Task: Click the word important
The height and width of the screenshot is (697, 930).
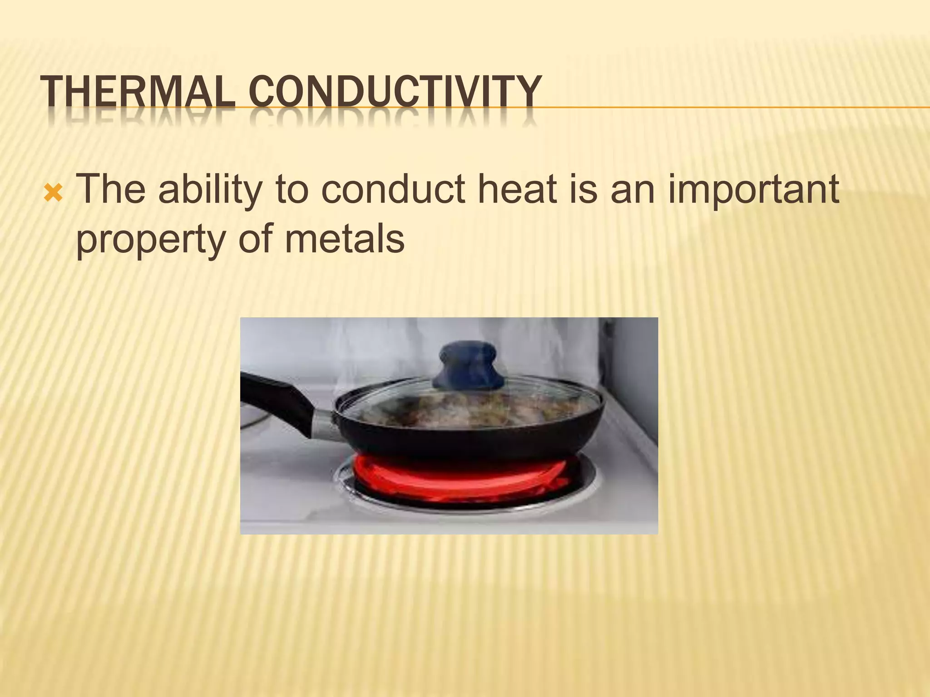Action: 753,191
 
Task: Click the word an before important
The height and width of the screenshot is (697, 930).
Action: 633,191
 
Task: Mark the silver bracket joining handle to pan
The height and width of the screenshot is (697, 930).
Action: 325,424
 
